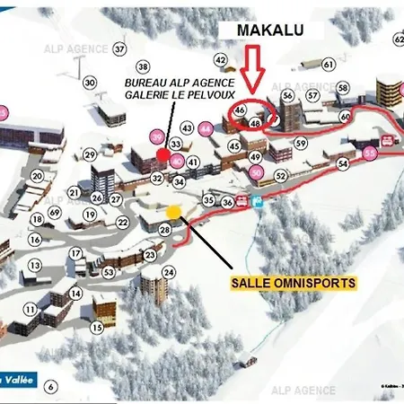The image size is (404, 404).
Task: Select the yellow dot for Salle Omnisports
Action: [x=173, y=211]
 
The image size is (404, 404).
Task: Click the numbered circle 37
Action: [x=120, y=48]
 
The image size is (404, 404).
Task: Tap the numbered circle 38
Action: [x=142, y=66]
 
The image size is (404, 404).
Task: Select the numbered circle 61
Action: [x=329, y=65]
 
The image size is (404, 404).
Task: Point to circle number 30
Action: [x=90, y=83]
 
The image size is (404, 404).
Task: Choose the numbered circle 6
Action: [x=51, y=386]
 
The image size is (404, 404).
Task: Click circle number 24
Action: [x=145, y=272]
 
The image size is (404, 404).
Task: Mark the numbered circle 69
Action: [x=36, y=266]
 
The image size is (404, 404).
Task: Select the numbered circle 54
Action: [x=342, y=164]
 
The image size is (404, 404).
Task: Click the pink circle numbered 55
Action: [x=371, y=154]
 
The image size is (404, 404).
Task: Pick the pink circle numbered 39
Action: [x=157, y=136]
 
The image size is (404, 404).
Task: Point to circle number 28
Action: [x=165, y=231]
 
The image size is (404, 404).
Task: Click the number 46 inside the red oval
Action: [x=240, y=110]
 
